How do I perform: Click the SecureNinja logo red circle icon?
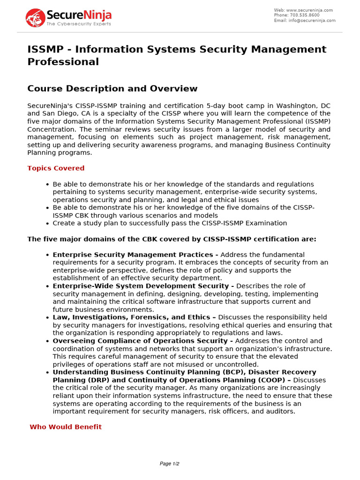tap(35, 17)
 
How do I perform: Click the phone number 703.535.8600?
tap(310, 15)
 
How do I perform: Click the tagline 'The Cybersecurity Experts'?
tap(78, 24)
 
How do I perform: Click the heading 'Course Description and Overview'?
tap(112, 89)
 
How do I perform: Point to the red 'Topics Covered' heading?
tap(56, 168)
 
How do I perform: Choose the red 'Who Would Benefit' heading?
tap(66, 427)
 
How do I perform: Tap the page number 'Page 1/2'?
tap(170, 464)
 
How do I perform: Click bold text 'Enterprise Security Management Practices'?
tap(132, 255)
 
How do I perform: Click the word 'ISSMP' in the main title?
tap(45, 49)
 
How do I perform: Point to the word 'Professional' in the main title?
tap(63, 62)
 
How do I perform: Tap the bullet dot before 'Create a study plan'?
tap(47, 224)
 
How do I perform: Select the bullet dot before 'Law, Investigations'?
tap(47, 318)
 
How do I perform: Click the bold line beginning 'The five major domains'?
tap(172, 239)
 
